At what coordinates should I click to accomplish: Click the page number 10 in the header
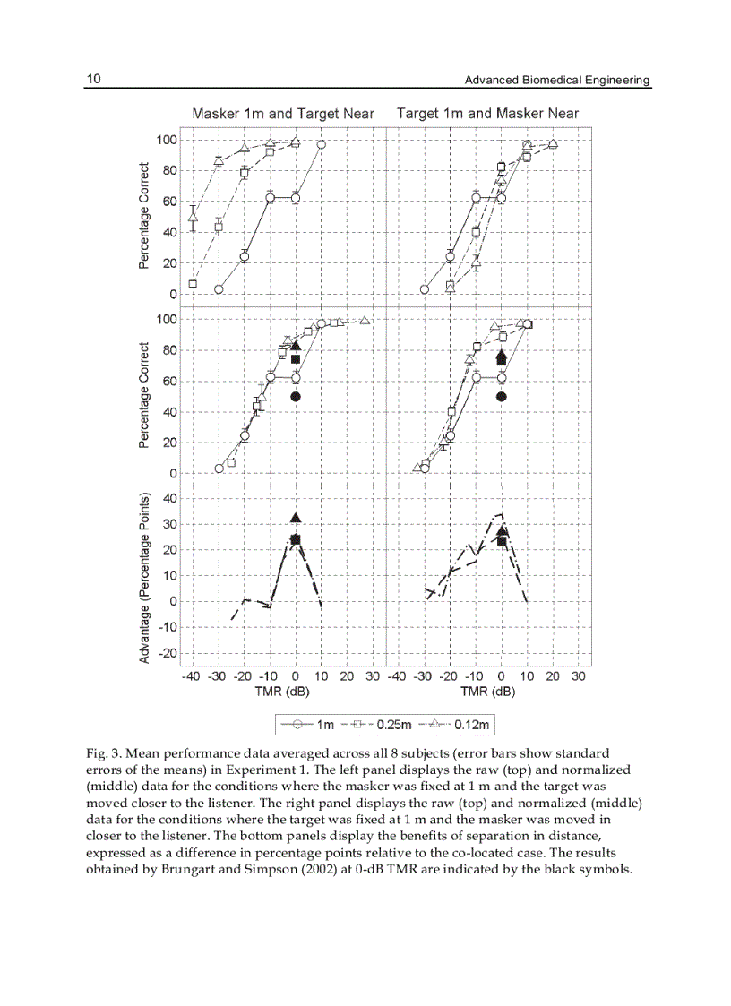[x=93, y=79]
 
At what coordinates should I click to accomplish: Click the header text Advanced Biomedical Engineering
[x=556, y=81]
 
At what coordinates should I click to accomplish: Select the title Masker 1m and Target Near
[x=283, y=114]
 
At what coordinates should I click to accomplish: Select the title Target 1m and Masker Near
[x=487, y=114]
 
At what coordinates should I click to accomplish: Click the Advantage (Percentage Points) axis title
[x=145, y=576]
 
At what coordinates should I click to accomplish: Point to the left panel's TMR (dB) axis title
[x=283, y=692]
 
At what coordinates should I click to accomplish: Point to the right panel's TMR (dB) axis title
[x=488, y=692]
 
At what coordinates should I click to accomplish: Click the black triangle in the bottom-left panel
[x=297, y=519]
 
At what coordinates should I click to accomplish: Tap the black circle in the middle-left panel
[x=296, y=396]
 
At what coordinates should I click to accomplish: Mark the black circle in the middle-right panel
[x=502, y=396]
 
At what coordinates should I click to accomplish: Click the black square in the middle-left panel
[x=296, y=359]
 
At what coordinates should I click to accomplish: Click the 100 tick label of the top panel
[x=166, y=140]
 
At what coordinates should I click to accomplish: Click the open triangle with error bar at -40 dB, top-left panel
[x=193, y=217]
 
